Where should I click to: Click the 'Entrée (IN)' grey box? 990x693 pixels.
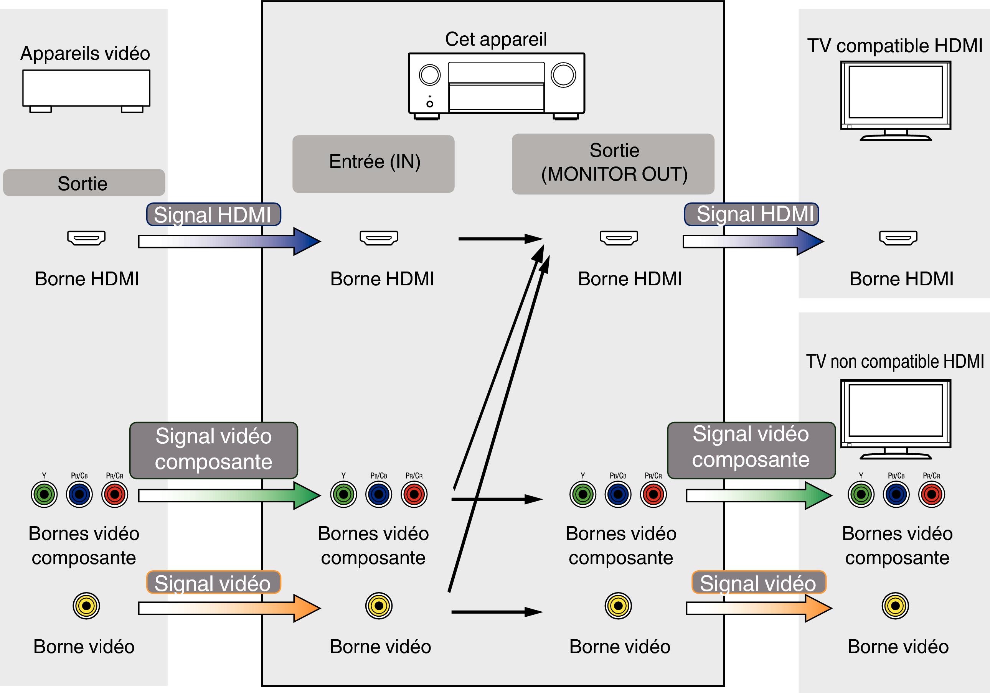tap(373, 164)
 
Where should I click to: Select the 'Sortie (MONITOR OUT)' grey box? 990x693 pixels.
tap(613, 164)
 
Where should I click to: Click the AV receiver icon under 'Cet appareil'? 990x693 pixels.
tap(496, 86)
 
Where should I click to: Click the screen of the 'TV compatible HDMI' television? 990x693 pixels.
tap(896, 92)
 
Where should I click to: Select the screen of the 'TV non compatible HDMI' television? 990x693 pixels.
tap(896, 411)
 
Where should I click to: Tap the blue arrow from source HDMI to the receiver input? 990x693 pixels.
tap(229, 241)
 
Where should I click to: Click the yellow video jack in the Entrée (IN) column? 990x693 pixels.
tap(379, 606)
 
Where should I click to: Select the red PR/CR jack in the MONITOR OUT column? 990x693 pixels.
tap(653, 494)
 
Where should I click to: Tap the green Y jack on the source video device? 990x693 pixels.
tap(44, 494)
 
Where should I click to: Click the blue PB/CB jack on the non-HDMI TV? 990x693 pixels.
tap(896, 494)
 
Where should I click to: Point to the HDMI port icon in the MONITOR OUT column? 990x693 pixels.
tap(619, 238)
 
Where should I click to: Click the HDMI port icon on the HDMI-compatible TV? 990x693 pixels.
tap(898, 238)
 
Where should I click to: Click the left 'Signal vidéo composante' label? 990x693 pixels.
tap(213, 450)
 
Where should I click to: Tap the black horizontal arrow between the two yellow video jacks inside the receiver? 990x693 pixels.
tap(496, 612)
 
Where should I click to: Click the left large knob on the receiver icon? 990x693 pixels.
tap(429, 75)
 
